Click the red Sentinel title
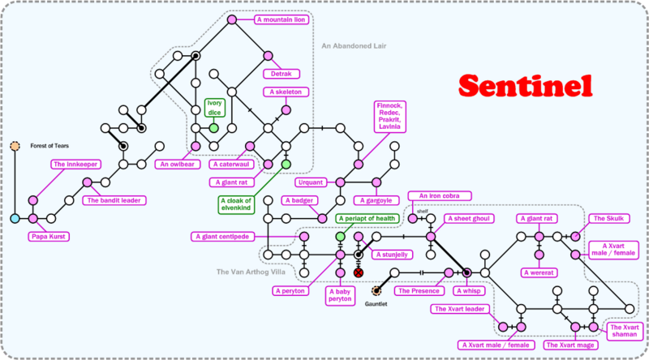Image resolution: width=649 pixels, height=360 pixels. tap(524, 85)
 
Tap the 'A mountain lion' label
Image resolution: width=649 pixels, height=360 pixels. tap(281, 19)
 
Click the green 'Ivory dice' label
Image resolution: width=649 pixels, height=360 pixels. tap(214, 108)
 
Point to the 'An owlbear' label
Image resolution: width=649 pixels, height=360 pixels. tap(174, 164)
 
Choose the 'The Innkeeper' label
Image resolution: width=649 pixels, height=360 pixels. tap(75, 165)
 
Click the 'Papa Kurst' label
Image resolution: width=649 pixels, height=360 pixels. tap(50, 237)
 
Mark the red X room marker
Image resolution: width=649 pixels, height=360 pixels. tap(359, 273)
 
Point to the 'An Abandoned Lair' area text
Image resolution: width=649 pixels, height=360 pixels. tap(354, 46)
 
